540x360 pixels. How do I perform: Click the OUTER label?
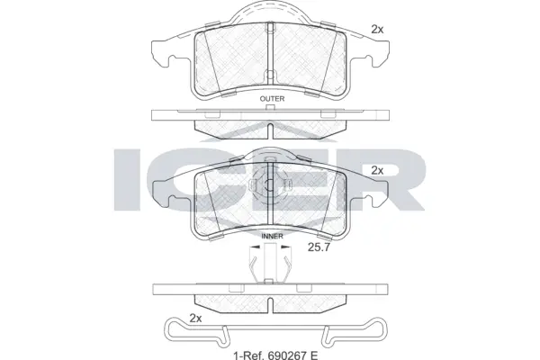[271, 98]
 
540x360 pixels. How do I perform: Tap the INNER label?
[272, 237]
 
